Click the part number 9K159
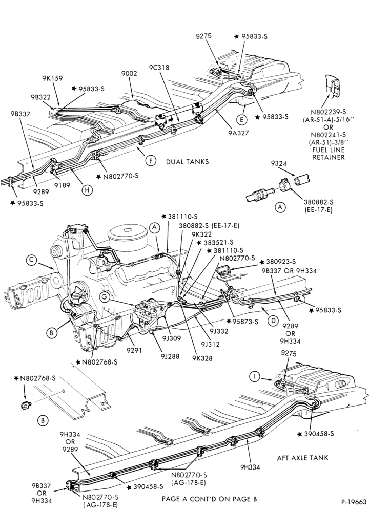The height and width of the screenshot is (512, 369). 52,78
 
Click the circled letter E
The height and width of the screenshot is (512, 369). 241,120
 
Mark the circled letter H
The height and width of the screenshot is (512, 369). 87,190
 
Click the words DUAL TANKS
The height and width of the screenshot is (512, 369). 187,162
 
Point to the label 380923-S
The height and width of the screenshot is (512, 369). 278,262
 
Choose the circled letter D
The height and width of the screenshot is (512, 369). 273,321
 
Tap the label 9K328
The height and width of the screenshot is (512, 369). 202,358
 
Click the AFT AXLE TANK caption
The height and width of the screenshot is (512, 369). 303,458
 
